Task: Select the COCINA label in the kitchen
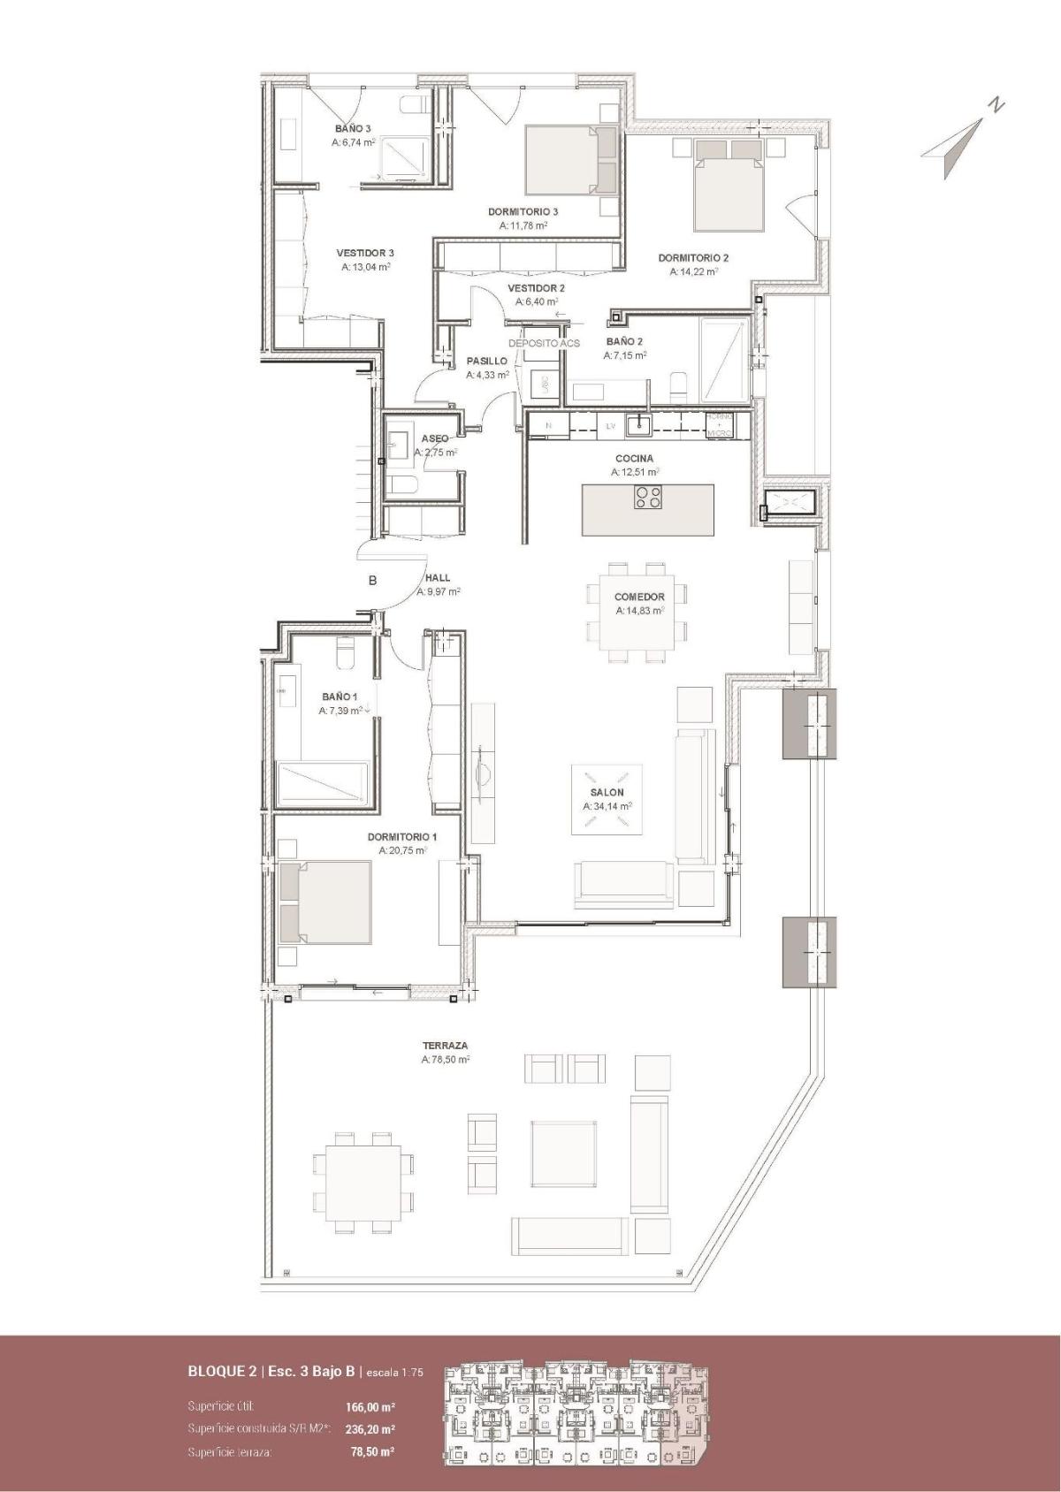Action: point(634,459)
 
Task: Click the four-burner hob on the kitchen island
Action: point(648,498)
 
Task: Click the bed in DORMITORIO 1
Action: point(324,902)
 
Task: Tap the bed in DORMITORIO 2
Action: point(729,183)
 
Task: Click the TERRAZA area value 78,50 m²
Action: point(446,1059)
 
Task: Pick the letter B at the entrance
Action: point(373,581)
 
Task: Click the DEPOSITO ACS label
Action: point(544,343)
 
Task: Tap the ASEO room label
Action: point(434,438)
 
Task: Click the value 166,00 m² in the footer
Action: point(370,1405)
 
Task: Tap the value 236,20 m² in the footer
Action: point(370,1428)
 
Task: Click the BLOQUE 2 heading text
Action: point(222,1373)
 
